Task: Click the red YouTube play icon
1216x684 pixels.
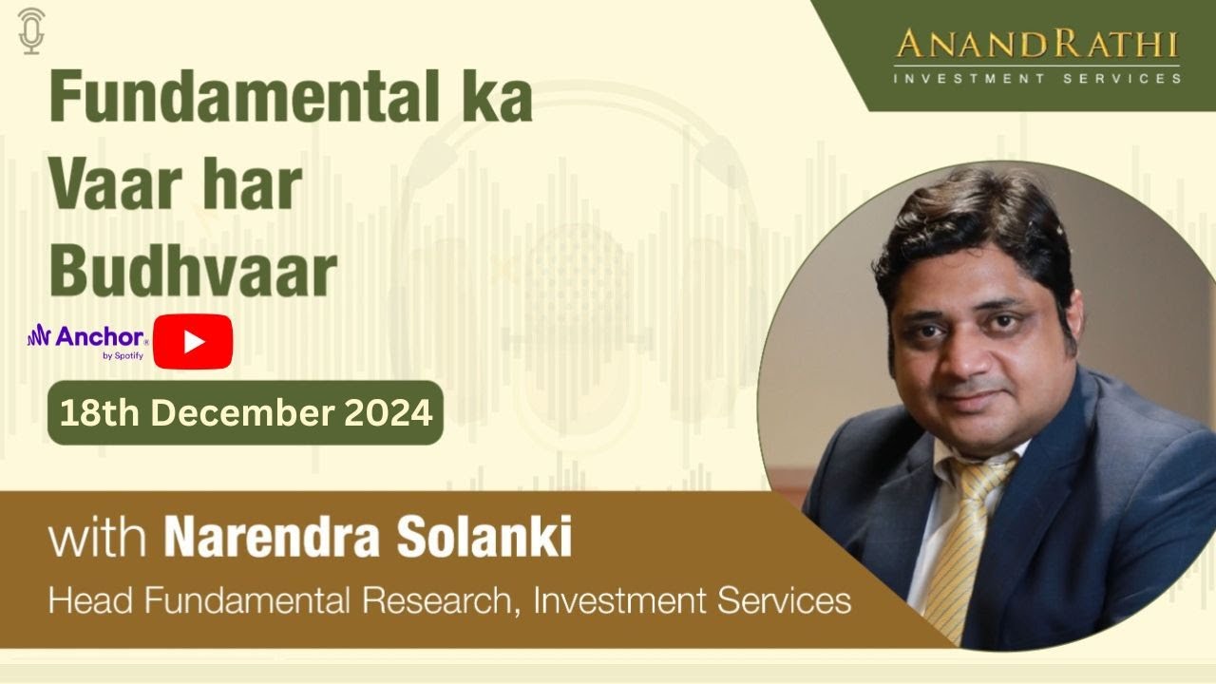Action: (194, 341)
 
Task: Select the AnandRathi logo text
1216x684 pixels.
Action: (1036, 46)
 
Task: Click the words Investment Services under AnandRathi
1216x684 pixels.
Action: (1036, 78)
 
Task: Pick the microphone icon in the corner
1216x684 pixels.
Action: (31, 29)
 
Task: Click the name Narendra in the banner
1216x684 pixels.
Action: (273, 539)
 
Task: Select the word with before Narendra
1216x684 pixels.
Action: (97, 541)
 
